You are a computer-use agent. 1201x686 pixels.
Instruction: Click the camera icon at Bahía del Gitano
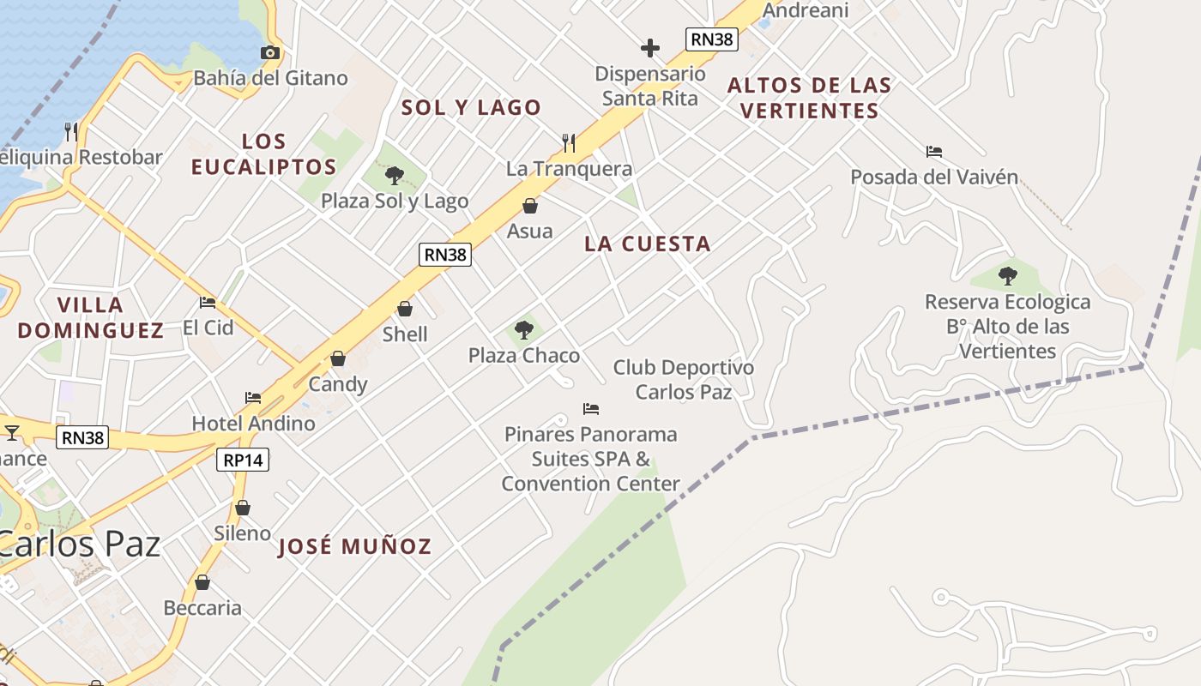point(270,53)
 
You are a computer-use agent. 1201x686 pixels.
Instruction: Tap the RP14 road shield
point(243,460)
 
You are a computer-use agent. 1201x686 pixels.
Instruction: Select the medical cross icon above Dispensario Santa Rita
point(650,47)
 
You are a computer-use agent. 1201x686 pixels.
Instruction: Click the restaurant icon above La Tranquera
point(569,142)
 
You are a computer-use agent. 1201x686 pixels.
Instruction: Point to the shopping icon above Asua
point(530,206)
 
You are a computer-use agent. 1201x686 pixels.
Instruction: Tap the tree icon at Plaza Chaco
point(523,330)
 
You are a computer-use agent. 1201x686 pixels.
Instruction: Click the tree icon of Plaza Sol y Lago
point(395,176)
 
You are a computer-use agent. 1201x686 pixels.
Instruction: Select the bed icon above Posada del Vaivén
point(934,152)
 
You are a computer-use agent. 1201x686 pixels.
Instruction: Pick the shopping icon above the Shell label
point(405,309)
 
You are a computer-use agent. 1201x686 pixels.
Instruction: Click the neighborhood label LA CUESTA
point(648,244)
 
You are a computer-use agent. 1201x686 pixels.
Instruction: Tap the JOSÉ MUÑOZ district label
point(355,546)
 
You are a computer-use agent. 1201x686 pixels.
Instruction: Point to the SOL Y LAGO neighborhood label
point(472,107)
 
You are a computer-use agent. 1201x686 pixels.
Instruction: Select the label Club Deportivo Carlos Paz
point(684,380)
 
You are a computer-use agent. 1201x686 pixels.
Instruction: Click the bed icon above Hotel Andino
point(253,398)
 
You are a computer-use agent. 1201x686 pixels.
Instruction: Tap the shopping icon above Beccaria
point(202,582)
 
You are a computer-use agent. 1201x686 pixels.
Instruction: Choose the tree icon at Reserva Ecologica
point(1008,276)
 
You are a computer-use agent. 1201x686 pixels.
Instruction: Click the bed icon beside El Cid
point(208,302)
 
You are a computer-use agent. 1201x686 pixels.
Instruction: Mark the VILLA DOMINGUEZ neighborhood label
point(91,317)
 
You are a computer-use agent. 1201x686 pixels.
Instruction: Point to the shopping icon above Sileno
point(243,508)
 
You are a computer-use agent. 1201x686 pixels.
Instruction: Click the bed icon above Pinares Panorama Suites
point(590,408)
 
